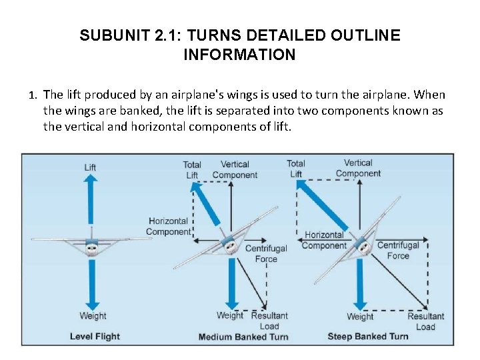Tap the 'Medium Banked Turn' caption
click(243, 337)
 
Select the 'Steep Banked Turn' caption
click(368, 336)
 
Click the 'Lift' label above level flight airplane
click(90, 167)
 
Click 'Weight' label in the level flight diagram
click(93, 316)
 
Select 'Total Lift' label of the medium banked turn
click(192, 169)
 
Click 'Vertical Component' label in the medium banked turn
click(235, 169)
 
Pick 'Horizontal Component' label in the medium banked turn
click(168, 226)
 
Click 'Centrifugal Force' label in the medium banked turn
click(266, 253)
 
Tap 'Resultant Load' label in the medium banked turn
click(269, 321)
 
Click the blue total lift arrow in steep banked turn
click(319, 206)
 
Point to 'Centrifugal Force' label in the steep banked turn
click(398, 250)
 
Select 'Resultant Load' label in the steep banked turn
click(425, 321)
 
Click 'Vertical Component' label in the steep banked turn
click(358, 168)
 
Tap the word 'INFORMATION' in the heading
click(239, 55)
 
